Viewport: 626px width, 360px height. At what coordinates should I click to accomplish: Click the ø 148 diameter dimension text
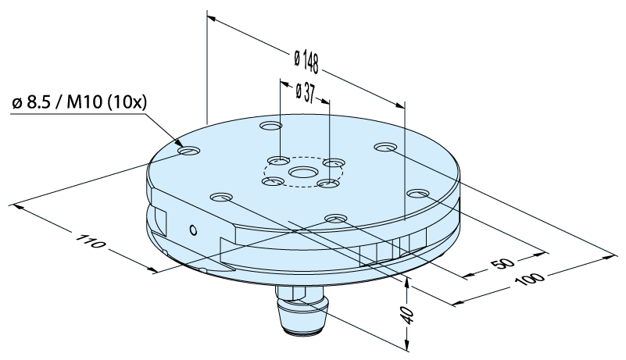pos(306,61)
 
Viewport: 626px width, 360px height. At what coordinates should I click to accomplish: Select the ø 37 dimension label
pos(306,94)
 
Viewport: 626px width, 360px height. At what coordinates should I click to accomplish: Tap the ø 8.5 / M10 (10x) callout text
pos(80,102)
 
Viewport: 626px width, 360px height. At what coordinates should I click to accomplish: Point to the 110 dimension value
pos(91,242)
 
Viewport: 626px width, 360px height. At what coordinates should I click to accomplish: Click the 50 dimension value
pos(503,264)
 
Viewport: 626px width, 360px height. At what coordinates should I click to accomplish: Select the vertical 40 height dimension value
pos(408,316)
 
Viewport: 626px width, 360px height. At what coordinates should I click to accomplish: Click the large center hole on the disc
pos(303,173)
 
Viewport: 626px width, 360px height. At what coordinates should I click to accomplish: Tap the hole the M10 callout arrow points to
pos(189,151)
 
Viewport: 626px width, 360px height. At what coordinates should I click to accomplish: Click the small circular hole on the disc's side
pos(193,230)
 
